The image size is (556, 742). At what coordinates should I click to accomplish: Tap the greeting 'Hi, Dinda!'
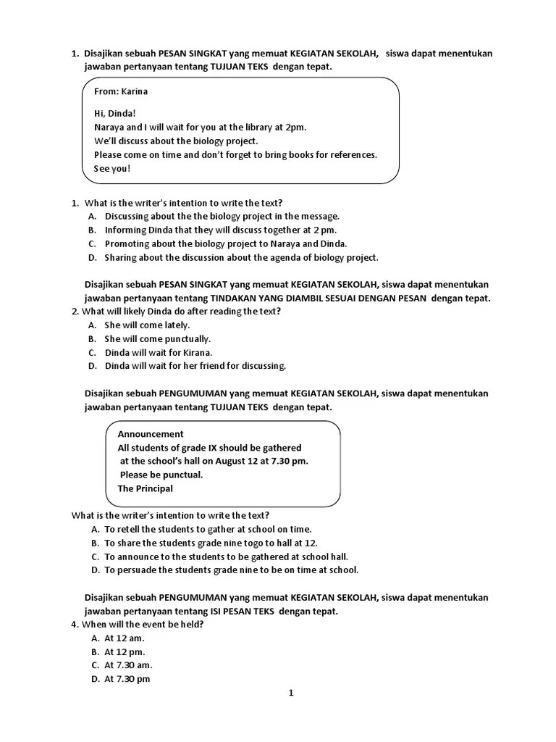115,114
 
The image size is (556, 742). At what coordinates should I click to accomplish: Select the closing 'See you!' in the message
112,169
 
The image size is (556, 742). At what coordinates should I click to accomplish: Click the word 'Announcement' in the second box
151,434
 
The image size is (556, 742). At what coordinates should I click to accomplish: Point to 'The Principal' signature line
146,488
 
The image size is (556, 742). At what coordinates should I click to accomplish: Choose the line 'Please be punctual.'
161,475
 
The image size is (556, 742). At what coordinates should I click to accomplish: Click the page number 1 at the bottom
291,693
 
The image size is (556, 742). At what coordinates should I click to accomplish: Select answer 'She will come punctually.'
157,338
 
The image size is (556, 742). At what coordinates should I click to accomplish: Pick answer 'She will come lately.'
147,325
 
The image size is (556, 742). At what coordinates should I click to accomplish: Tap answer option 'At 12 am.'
125,638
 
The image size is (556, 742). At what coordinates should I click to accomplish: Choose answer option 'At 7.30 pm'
127,679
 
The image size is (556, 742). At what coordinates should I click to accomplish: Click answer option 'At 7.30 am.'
128,665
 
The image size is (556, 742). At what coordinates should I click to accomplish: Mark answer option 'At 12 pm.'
125,652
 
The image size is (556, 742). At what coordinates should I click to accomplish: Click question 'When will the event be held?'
142,625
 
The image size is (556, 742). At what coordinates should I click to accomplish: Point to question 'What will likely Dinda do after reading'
181,311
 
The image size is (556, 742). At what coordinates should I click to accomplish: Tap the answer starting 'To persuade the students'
231,570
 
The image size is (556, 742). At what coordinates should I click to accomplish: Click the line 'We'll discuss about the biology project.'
176,141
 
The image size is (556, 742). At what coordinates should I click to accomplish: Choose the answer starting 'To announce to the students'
226,556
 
